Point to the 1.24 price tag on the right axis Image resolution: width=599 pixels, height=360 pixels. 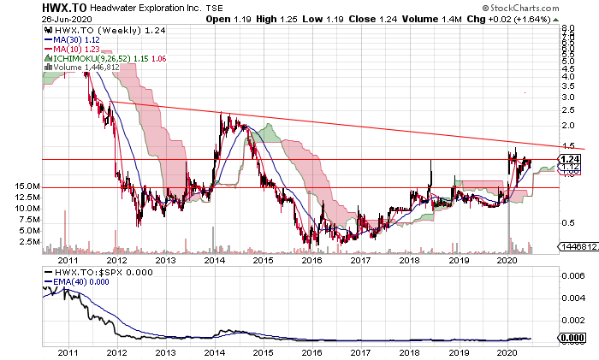click(570, 159)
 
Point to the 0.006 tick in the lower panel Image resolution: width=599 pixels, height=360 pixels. click(572, 275)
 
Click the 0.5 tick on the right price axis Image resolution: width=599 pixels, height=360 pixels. click(566, 224)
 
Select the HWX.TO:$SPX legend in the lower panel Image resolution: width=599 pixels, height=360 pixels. click(94, 271)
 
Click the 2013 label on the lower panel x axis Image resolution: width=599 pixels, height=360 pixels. click(165, 352)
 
